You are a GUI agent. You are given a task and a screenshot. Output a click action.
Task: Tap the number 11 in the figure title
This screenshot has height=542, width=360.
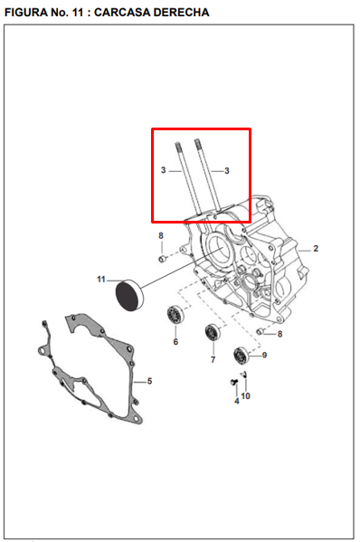pos(78,13)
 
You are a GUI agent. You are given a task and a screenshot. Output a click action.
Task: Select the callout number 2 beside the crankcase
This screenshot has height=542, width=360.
pos(316,249)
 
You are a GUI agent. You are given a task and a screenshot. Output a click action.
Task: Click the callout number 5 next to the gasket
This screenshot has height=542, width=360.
pos(149,381)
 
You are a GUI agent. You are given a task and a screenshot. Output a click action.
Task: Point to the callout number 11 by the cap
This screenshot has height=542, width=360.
pos(101,279)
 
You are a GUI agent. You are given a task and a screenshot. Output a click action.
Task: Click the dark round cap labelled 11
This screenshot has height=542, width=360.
pos(128,295)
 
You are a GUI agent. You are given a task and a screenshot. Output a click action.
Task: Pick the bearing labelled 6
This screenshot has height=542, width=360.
pos(175,315)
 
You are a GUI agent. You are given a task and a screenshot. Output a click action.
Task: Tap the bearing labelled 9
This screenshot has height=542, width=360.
pos(242,356)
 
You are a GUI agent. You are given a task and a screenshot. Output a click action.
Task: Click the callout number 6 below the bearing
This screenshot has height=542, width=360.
pos(175,341)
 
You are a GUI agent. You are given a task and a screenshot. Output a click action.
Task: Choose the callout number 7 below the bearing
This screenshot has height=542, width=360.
pos(213,359)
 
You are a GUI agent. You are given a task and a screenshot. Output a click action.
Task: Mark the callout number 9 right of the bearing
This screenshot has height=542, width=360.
pos(264,355)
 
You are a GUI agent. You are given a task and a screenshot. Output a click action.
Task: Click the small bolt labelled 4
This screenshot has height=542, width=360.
pos(234,382)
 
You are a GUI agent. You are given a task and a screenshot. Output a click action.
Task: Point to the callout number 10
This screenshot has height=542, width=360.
pos(245,395)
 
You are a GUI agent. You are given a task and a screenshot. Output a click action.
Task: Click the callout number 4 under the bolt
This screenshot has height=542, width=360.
pos(236,401)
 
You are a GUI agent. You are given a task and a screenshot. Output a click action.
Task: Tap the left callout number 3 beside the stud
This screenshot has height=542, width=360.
pos(164,170)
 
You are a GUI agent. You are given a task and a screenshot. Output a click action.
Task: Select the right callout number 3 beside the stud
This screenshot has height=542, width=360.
pos(227,170)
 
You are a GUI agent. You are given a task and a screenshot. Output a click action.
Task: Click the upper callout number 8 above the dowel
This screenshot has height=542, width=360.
pos(161,236)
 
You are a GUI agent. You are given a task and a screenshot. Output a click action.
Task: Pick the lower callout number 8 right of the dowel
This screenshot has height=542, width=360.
pos(279,334)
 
